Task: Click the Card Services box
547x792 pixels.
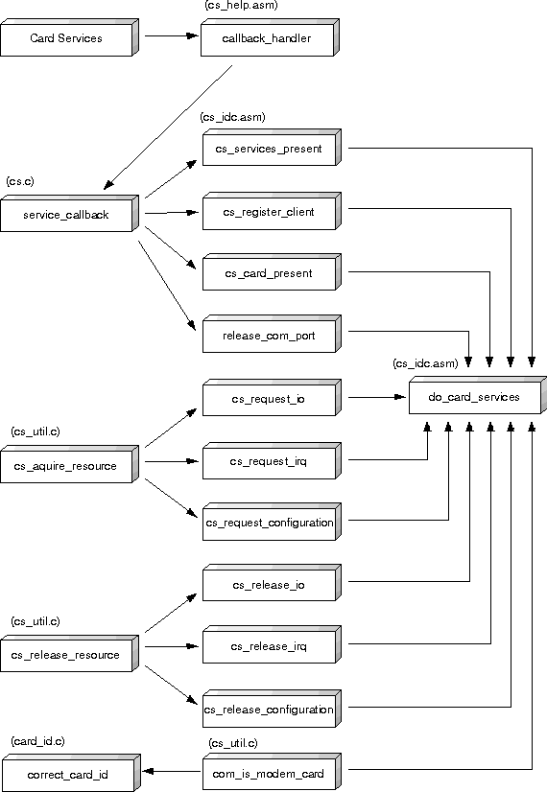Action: (69, 38)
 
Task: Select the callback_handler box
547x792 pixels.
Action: (270, 38)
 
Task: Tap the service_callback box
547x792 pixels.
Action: (69, 214)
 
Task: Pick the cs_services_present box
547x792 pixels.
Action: (272, 148)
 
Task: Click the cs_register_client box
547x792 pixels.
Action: (272, 211)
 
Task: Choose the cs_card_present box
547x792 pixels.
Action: (272, 272)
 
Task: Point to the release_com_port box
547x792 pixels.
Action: (272, 335)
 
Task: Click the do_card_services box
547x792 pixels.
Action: (478, 395)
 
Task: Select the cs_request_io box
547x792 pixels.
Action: (272, 398)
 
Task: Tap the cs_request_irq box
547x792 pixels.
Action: (272, 460)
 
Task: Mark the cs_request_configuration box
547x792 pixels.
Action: (272, 522)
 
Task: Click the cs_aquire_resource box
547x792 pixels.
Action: (69, 465)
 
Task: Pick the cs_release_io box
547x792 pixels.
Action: (272, 583)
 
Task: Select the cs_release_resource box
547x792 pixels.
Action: (69, 654)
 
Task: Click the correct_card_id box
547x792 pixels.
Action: (71, 773)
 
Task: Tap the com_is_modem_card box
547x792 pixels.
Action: (272, 772)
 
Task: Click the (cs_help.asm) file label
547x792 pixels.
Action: (241, 6)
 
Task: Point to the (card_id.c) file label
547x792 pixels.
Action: (38, 741)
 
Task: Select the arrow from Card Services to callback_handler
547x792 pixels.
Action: (172, 35)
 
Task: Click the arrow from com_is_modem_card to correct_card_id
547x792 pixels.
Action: (172, 771)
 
